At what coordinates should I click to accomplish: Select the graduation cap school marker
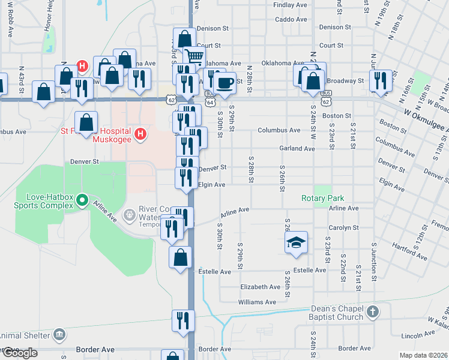tap(296, 242)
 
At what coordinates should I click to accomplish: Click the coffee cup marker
tap(225, 83)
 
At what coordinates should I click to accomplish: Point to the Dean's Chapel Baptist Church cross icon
tap(373, 312)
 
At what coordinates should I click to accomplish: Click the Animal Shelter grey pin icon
tap(59, 334)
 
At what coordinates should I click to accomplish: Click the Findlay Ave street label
tap(290, 5)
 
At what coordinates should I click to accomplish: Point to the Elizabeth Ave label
tap(260, 287)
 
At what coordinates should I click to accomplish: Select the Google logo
tap(19, 353)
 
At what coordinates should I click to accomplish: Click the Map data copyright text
tap(423, 355)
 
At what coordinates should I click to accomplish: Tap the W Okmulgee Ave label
tap(423, 114)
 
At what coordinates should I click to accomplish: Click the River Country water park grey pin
tap(129, 214)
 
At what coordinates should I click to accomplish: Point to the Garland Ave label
tap(297, 148)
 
